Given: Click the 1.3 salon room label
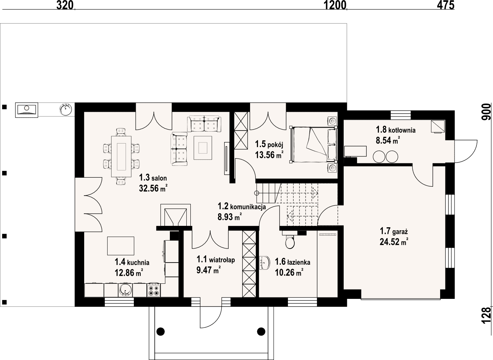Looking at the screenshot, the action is [153, 177].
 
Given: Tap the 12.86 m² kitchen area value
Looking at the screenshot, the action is [129, 273].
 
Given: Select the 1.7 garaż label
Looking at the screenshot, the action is [394, 231].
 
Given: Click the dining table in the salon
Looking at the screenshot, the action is [122, 156].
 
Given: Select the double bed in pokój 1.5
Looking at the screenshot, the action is [313, 145].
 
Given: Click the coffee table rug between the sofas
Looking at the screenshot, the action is [203, 148].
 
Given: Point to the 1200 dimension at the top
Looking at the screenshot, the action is [335, 5].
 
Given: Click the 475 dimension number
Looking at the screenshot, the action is [445, 5].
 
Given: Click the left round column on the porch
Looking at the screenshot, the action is [160, 332].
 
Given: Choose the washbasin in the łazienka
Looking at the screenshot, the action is [265, 263].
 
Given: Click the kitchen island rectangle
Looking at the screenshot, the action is [121, 246].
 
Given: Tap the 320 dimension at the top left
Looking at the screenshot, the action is [65, 5].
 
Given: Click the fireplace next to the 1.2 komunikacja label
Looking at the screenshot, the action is [175, 215].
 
